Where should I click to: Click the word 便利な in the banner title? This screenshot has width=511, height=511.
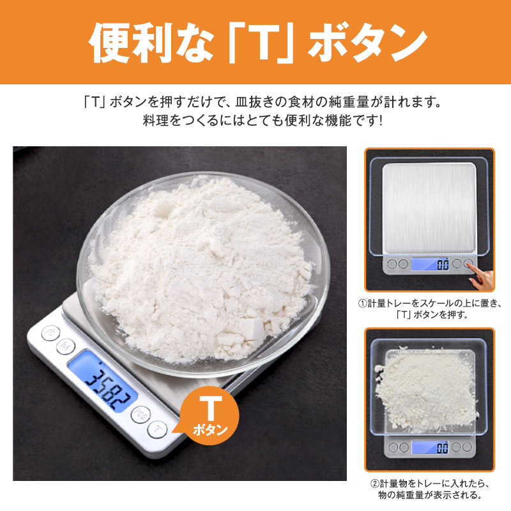(151, 43)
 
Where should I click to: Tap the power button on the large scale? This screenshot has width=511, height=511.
(50, 333)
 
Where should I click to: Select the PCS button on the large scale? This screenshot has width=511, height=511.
(141, 415)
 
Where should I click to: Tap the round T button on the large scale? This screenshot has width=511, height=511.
(157, 429)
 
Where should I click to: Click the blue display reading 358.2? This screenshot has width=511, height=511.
(102, 381)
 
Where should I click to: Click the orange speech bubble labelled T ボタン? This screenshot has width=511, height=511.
(208, 416)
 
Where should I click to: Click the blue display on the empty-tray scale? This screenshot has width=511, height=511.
(430, 264)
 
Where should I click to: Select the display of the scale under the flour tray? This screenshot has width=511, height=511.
(430, 448)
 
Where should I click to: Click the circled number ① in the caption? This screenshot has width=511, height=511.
(363, 303)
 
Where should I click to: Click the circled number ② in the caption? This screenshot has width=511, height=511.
(375, 484)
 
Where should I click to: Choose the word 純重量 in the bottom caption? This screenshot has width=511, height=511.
(409, 494)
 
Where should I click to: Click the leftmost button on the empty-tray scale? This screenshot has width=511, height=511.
(392, 264)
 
